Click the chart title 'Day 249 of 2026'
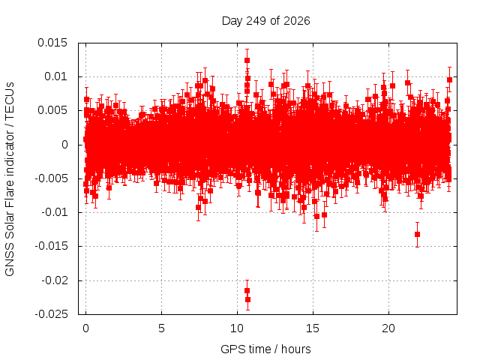[x=265, y=21]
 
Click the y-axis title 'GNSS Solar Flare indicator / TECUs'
[x=10, y=178]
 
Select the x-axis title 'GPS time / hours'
[x=265, y=349]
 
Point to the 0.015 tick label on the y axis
[x=52, y=43]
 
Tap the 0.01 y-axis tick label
[x=55, y=76]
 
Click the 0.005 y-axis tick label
[x=52, y=110]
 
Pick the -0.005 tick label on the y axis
[x=51, y=178]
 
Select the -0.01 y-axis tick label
[x=55, y=212]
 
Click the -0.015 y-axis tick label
[x=51, y=246]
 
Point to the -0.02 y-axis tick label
[x=55, y=280]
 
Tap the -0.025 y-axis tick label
[x=51, y=314]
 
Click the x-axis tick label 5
[x=161, y=328]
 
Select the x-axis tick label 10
[x=237, y=328]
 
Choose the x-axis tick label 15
[x=313, y=328]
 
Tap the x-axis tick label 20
[x=388, y=328]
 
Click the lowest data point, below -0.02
[x=247, y=299]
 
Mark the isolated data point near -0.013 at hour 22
[x=417, y=235]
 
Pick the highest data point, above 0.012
[x=247, y=60]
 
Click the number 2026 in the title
[x=297, y=21]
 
